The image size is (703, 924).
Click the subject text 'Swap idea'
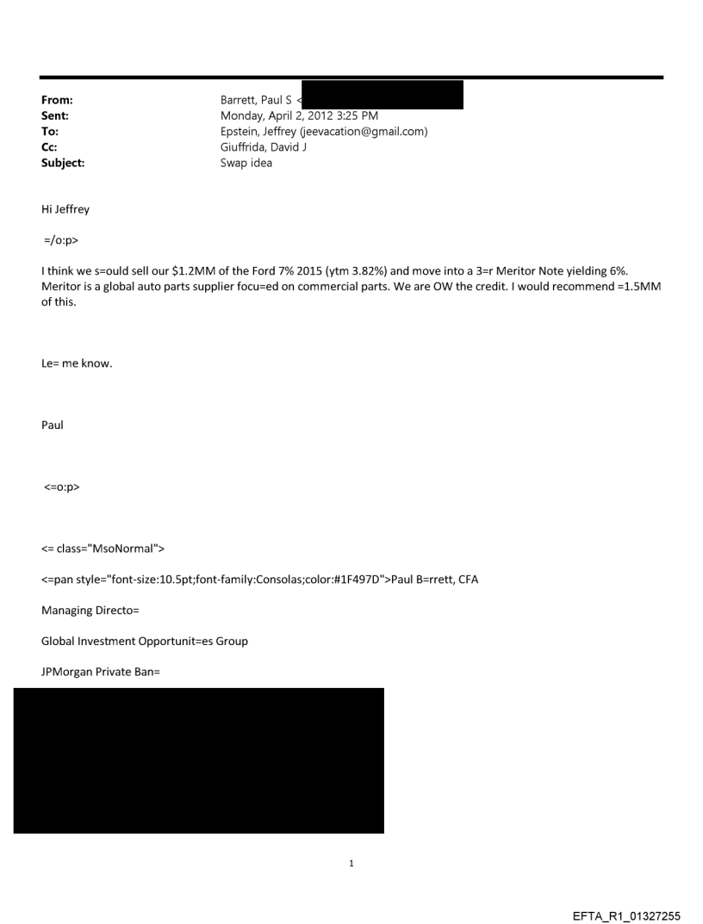246,161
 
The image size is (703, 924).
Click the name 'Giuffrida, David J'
264,146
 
